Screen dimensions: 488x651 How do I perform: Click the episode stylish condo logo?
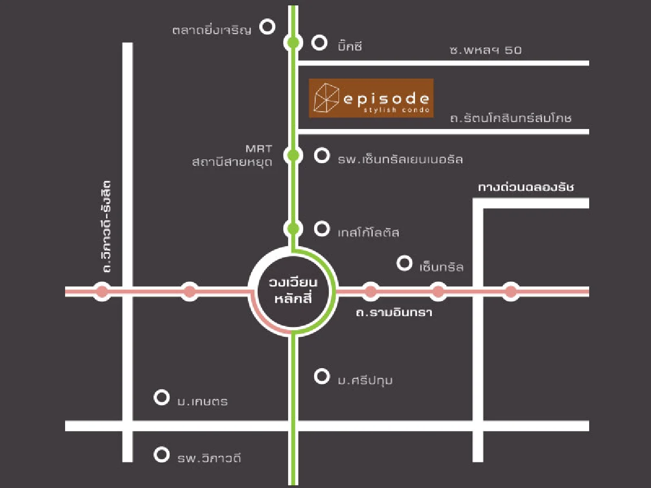[x=371, y=98]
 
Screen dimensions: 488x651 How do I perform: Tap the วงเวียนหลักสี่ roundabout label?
[x=293, y=292]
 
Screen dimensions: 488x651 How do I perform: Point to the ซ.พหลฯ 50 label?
[x=485, y=50]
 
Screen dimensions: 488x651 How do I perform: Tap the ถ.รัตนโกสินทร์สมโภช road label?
[x=510, y=118]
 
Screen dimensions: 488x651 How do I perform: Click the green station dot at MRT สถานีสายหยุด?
[x=293, y=156]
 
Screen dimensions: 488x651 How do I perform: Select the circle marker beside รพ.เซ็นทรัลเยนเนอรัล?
[x=322, y=156]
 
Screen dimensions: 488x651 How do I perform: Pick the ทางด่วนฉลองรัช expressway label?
[x=526, y=188]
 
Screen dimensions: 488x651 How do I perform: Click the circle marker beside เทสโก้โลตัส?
[x=322, y=229]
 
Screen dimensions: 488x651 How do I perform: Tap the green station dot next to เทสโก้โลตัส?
[x=293, y=229]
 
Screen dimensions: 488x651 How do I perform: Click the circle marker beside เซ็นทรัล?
[x=404, y=264]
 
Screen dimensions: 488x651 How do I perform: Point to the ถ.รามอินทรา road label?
[x=394, y=313]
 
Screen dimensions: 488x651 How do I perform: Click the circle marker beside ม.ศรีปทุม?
[x=322, y=376]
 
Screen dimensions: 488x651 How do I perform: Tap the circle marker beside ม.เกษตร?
[x=161, y=397]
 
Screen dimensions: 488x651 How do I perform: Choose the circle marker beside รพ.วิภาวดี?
[x=161, y=454]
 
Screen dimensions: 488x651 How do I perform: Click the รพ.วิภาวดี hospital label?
[x=209, y=458]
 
